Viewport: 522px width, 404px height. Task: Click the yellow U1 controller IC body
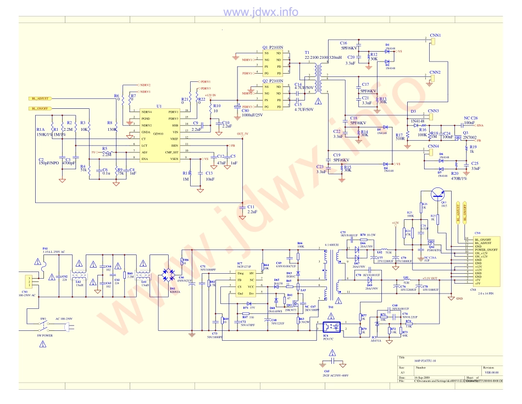click(x=159, y=135)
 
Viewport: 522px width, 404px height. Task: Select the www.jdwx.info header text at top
click(x=260, y=12)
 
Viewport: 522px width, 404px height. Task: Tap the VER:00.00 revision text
click(x=492, y=372)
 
